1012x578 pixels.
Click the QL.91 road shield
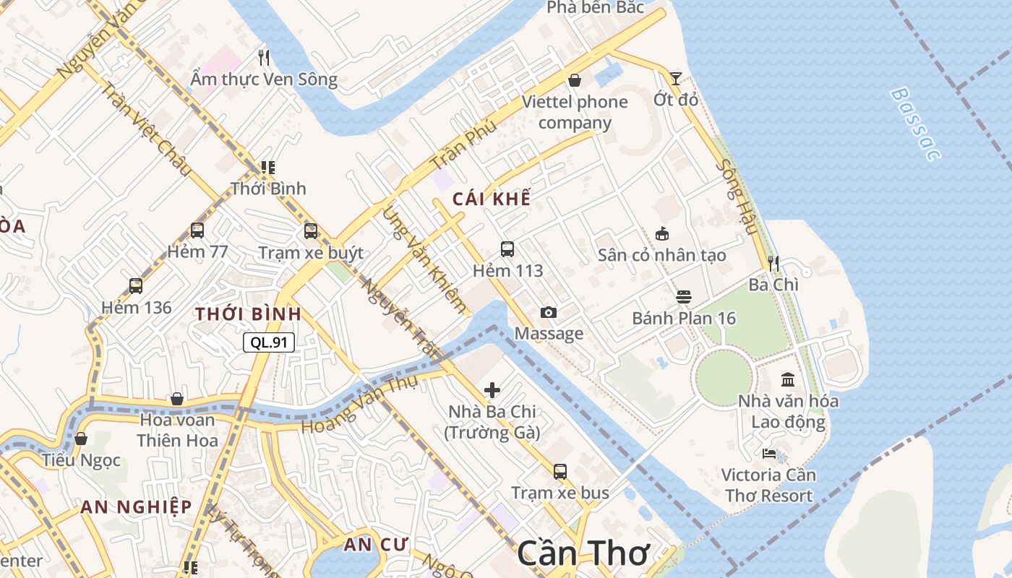pyautogui.click(x=269, y=342)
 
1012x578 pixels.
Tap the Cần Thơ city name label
pyautogui.click(x=583, y=554)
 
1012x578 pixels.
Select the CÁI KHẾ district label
pyautogui.click(x=492, y=199)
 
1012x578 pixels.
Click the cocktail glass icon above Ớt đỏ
pyautogui.click(x=675, y=78)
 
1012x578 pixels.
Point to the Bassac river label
pyautogui.click(x=915, y=124)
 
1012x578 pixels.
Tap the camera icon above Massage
pyautogui.click(x=549, y=312)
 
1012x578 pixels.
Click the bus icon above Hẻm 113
pyautogui.click(x=507, y=249)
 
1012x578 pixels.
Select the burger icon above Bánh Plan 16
pyautogui.click(x=684, y=297)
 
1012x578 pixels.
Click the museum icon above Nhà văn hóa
pyautogui.click(x=788, y=379)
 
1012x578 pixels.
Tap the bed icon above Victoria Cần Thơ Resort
pyautogui.click(x=769, y=454)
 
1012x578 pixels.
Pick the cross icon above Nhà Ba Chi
pyautogui.click(x=492, y=390)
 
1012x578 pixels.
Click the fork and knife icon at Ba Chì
pyautogui.click(x=773, y=263)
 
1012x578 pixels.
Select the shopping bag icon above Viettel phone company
pyautogui.click(x=575, y=80)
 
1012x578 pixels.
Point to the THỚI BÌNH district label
pyautogui.click(x=248, y=314)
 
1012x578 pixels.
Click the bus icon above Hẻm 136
pyautogui.click(x=136, y=285)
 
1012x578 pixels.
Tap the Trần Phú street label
pyautogui.click(x=463, y=144)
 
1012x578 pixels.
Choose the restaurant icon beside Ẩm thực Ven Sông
pyautogui.click(x=264, y=57)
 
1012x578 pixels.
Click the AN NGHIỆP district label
pyautogui.click(x=136, y=506)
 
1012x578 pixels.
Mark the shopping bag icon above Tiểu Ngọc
pyautogui.click(x=81, y=439)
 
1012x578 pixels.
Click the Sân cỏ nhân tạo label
pyautogui.click(x=661, y=255)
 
